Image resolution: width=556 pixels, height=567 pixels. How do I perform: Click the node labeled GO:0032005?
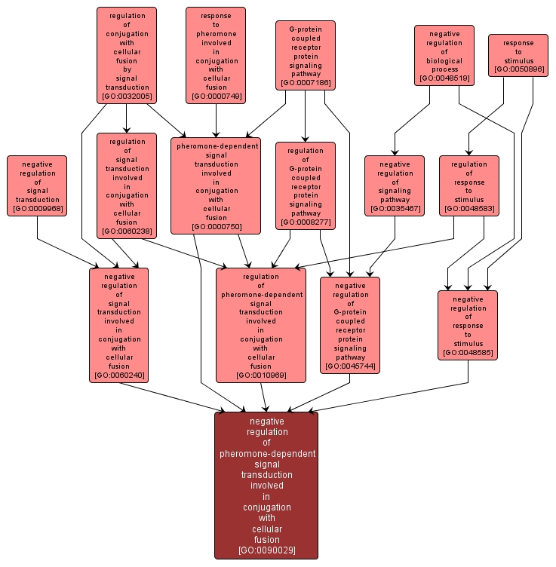click(x=126, y=55)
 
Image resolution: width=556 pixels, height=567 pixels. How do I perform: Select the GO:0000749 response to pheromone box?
click(x=216, y=55)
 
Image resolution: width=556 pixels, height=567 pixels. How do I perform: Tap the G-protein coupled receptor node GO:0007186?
click(x=305, y=55)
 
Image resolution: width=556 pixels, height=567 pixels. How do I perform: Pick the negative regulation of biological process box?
click(x=444, y=55)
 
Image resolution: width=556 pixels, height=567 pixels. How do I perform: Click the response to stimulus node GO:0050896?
click(x=518, y=55)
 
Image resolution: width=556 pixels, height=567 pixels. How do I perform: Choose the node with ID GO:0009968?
click(x=37, y=185)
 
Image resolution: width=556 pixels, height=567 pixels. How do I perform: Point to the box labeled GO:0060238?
click(x=126, y=185)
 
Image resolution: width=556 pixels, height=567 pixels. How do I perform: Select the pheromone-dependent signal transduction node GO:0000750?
click(x=216, y=185)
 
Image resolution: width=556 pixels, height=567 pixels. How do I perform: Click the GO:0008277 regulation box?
click(x=305, y=185)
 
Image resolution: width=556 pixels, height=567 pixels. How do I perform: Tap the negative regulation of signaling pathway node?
click(x=394, y=185)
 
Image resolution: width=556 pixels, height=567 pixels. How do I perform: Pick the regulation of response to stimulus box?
click(x=468, y=185)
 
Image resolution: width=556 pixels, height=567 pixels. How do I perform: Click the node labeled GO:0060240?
click(x=118, y=325)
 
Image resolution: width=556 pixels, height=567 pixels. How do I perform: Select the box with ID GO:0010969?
click(x=261, y=325)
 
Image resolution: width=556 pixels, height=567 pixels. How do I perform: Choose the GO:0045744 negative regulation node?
click(x=349, y=325)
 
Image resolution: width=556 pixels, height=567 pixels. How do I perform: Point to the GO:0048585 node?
click(x=468, y=325)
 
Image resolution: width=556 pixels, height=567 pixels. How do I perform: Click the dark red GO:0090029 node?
click(x=266, y=486)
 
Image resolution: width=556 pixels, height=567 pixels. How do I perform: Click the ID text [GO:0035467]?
click(x=394, y=208)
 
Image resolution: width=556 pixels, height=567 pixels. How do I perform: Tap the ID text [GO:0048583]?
click(x=468, y=208)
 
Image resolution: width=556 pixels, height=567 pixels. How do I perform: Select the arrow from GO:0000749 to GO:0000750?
click(x=216, y=121)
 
